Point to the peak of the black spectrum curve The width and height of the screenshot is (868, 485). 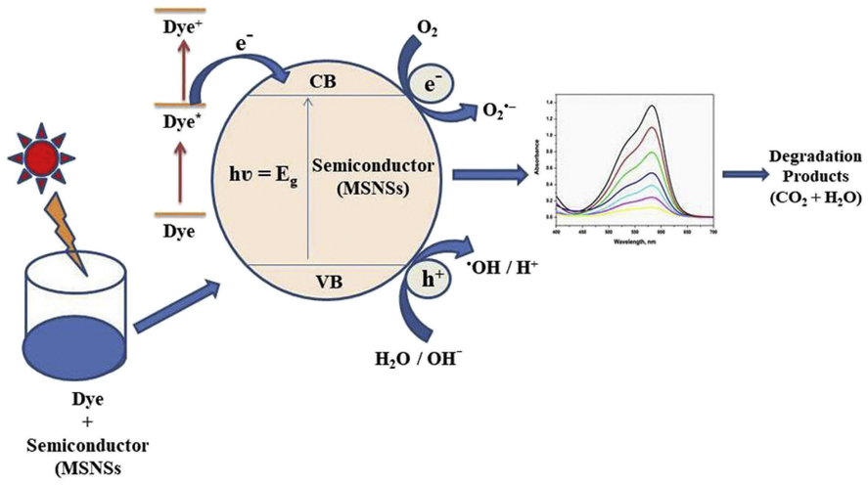(x=651, y=106)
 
